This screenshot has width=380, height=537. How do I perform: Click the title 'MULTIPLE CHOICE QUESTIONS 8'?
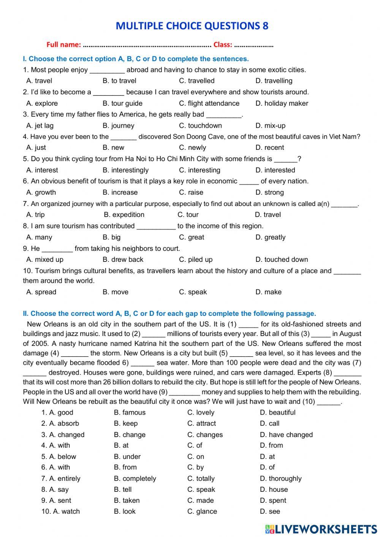tap(192, 26)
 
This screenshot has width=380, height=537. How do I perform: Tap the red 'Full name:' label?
tap(63, 45)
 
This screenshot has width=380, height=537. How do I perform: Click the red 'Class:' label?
tap(223, 45)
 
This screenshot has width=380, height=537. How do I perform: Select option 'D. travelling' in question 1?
tap(274, 81)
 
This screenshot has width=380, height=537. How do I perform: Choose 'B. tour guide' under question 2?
tap(122, 103)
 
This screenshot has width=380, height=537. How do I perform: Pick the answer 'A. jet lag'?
tap(40, 126)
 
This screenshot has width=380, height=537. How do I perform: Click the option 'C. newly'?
tap(192, 148)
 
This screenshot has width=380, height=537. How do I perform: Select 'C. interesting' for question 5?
tap(199, 170)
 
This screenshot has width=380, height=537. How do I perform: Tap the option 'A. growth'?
tap(41, 193)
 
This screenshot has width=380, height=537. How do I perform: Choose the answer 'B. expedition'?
tap(124, 215)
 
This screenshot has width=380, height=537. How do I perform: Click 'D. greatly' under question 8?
tap(270, 238)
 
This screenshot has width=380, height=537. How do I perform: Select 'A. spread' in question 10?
tap(41, 292)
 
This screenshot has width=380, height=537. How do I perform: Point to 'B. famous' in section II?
tap(130, 413)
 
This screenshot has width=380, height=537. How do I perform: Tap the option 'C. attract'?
tap(201, 424)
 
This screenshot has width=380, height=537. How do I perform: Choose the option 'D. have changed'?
tap(286, 435)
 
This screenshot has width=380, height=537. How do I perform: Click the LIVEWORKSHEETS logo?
tap(321, 529)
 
